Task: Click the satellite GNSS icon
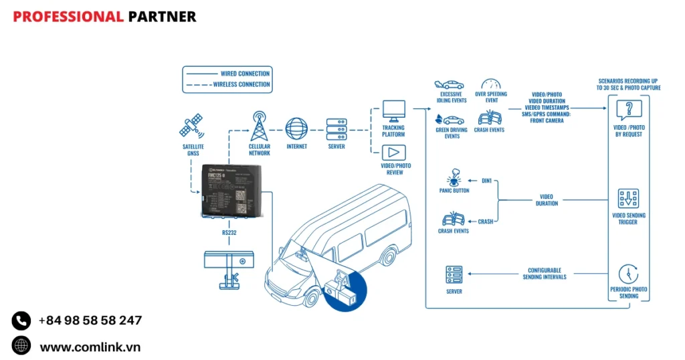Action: pos(192,126)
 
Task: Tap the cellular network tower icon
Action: pos(259,126)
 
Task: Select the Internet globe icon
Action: pos(296,128)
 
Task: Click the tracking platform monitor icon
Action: pos(393,110)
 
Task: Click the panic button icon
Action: pos(454,177)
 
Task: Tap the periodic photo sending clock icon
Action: pos(628,274)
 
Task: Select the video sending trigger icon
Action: pos(628,198)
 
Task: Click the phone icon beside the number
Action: pos(21,321)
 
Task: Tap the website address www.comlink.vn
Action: pos(90,347)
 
